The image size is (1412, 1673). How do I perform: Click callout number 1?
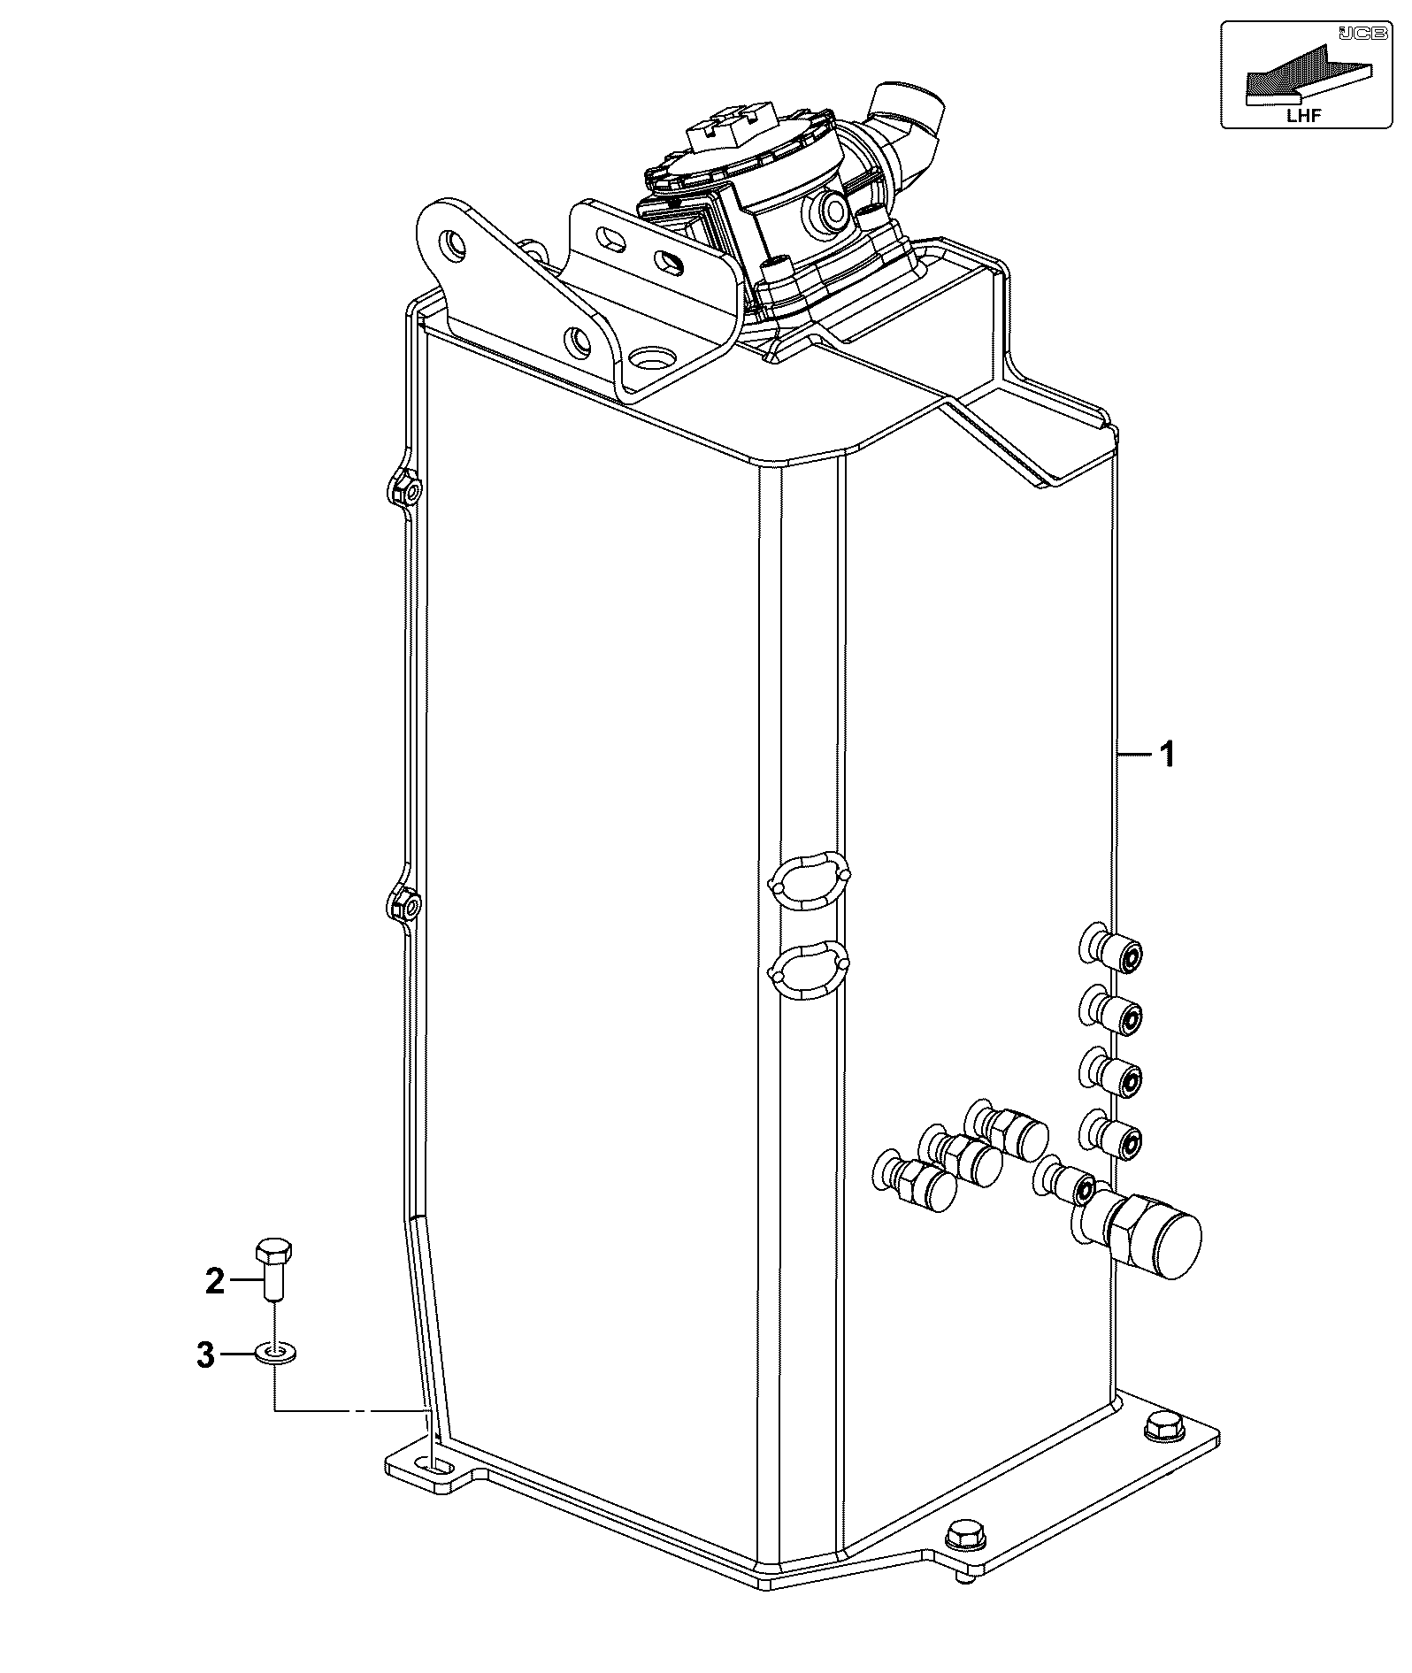(x=1167, y=755)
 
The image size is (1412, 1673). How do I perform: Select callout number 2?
(x=215, y=1281)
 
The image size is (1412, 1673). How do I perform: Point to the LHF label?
(x=1305, y=115)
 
